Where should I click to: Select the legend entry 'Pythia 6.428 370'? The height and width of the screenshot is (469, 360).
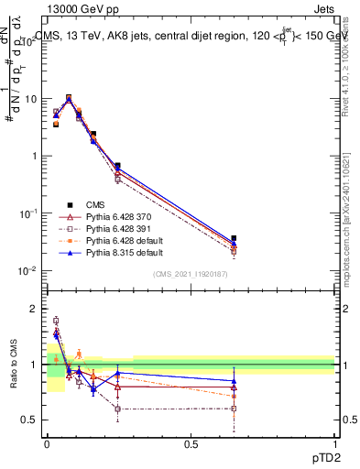(x=118, y=216)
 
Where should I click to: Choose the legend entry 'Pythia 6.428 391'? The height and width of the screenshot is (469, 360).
(x=118, y=228)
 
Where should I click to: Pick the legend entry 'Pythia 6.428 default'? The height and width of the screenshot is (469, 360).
(x=124, y=240)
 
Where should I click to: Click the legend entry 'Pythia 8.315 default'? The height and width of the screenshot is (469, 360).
(x=124, y=252)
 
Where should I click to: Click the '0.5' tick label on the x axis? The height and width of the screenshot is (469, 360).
(x=191, y=444)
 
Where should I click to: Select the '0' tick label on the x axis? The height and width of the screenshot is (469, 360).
(x=48, y=444)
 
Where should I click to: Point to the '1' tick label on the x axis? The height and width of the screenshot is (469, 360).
(x=334, y=444)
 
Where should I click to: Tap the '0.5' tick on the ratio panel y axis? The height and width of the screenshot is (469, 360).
(x=32, y=420)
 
